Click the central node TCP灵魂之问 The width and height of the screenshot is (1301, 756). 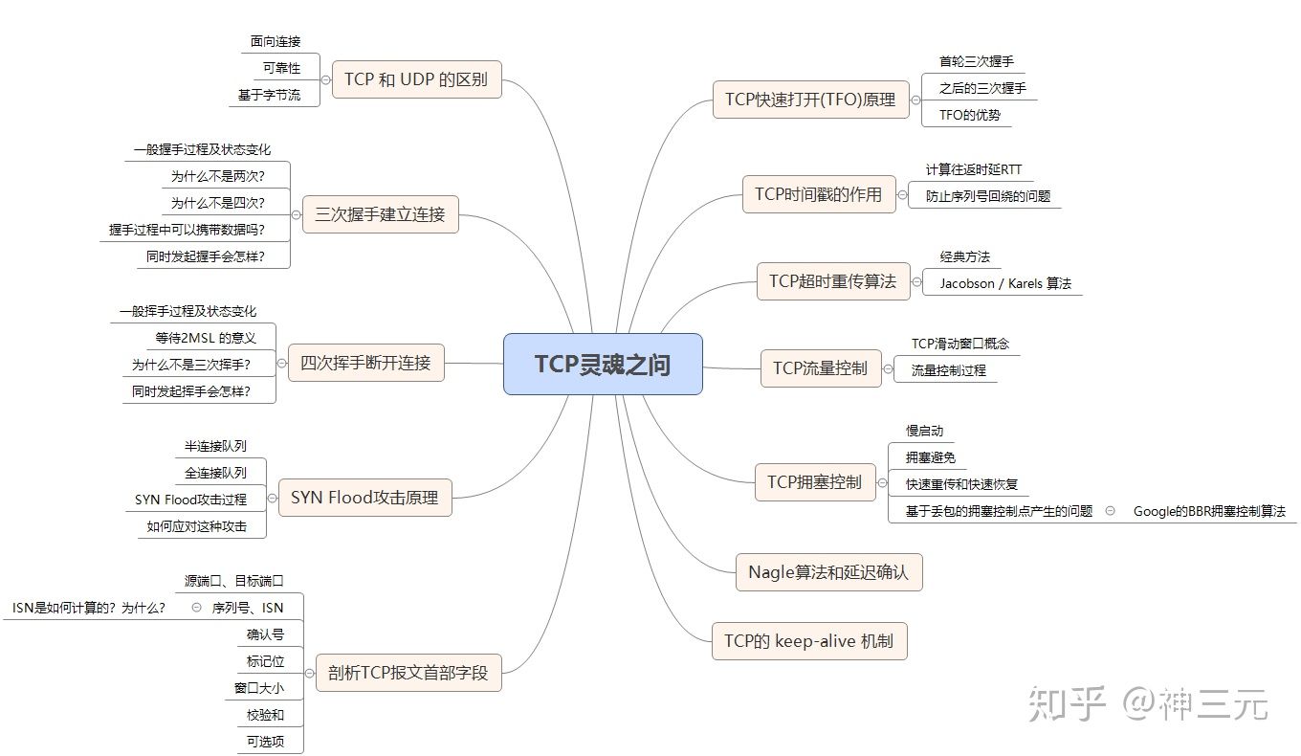click(x=603, y=365)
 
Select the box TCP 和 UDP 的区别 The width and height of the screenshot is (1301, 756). click(x=416, y=79)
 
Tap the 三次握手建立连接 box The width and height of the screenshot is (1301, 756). click(x=381, y=214)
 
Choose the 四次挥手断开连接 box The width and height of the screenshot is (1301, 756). click(x=365, y=363)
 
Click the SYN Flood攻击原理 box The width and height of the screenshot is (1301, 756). click(x=364, y=498)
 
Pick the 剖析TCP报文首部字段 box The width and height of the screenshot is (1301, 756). click(x=408, y=673)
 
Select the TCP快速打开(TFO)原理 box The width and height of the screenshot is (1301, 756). click(x=811, y=100)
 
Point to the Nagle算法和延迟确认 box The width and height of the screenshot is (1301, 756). click(x=828, y=572)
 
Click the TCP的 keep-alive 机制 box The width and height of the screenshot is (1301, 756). click(x=809, y=641)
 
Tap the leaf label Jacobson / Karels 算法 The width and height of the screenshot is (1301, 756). click(x=1005, y=283)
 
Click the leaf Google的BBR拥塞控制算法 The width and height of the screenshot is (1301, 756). click(x=1209, y=511)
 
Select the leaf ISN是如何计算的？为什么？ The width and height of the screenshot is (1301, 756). click(x=89, y=608)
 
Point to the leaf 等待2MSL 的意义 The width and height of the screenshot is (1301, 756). click(x=206, y=338)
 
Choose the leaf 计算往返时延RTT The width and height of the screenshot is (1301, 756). click(x=974, y=169)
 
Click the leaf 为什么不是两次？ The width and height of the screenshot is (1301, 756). click(x=218, y=176)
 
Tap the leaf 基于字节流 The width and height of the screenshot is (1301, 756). click(x=270, y=95)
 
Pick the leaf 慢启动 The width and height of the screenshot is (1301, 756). click(x=925, y=431)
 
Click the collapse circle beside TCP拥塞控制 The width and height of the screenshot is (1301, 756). click(x=882, y=483)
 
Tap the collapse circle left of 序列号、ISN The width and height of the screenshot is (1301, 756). click(x=196, y=608)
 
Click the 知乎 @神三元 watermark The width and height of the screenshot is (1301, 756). click(x=1148, y=703)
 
